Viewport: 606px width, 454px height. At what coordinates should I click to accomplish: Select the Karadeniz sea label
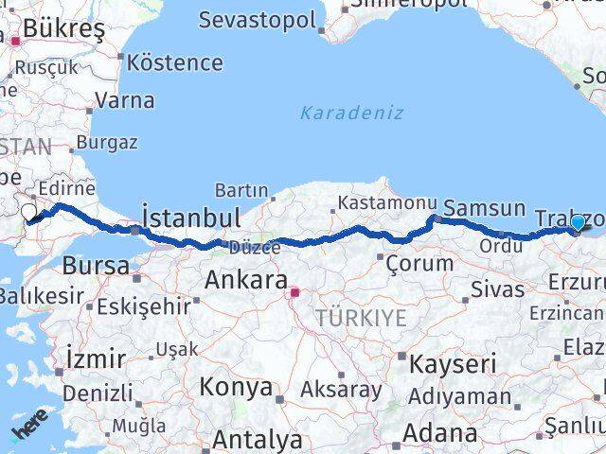(x=351, y=113)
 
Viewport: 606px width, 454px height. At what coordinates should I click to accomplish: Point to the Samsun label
(x=484, y=207)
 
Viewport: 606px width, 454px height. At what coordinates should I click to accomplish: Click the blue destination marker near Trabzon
(x=578, y=223)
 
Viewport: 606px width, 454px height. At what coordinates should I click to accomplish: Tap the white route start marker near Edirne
(x=28, y=212)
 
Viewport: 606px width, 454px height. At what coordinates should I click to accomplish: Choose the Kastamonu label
(x=387, y=203)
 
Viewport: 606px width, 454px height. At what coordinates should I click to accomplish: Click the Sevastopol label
(x=257, y=20)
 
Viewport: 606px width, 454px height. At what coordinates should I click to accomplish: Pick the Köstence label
(x=175, y=63)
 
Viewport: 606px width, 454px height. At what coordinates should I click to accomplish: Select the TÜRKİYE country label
(x=361, y=319)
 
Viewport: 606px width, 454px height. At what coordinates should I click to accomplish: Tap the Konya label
(x=237, y=387)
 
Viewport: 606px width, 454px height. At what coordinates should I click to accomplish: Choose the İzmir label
(x=96, y=358)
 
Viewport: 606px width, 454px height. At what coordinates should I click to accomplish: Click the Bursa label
(x=96, y=266)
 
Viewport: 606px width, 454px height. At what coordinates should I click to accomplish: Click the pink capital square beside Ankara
(x=294, y=293)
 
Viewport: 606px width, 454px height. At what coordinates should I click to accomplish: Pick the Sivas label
(x=497, y=289)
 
